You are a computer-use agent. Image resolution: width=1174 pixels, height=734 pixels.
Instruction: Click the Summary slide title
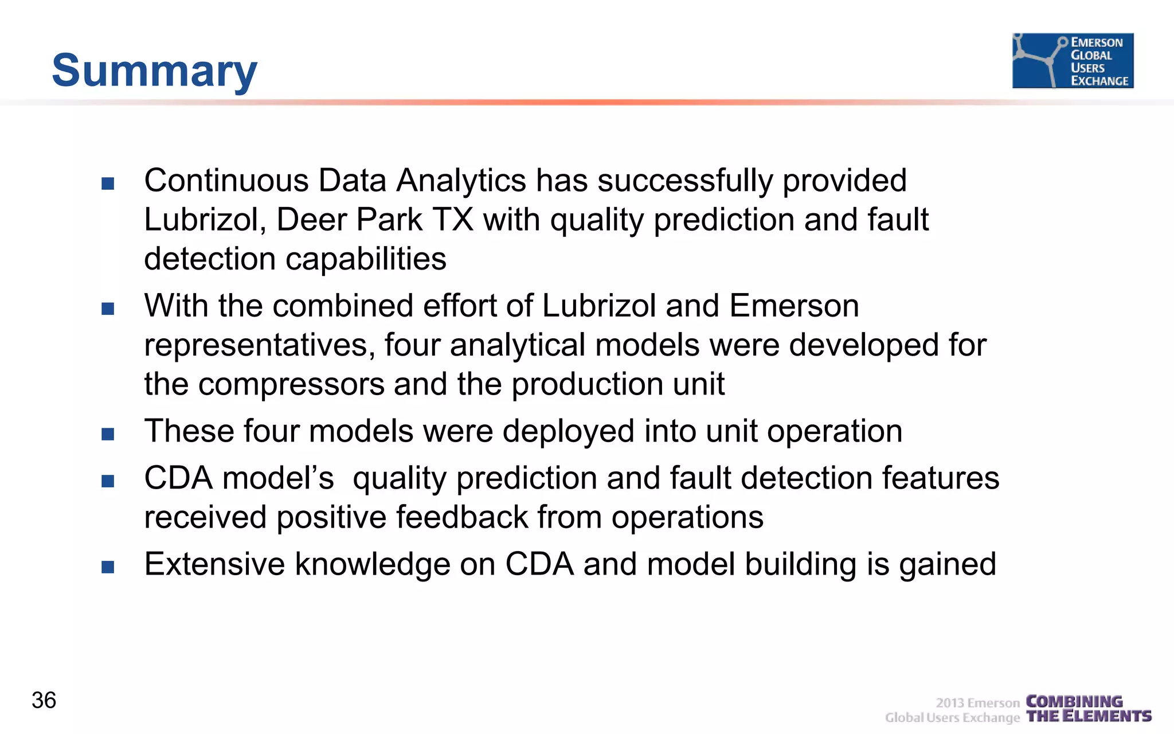click(x=154, y=71)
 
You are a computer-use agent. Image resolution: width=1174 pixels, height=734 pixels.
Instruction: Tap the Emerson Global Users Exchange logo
click(x=1073, y=61)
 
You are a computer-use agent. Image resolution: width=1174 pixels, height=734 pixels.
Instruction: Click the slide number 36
click(x=44, y=700)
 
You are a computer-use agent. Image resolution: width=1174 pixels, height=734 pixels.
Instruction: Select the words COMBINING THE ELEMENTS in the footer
click(x=1088, y=709)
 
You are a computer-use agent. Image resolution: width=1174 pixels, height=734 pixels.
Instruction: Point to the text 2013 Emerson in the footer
click(x=977, y=703)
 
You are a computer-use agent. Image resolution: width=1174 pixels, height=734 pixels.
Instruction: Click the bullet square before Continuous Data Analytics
click(x=108, y=183)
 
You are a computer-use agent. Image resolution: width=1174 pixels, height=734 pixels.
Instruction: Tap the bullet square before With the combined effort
click(x=108, y=309)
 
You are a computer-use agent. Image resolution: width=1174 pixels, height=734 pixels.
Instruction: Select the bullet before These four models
click(x=108, y=434)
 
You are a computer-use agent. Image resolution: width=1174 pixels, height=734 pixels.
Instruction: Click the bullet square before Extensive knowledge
click(x=108, y=567)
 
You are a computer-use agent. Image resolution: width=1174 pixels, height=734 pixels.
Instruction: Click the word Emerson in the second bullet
click(x=794, y=306)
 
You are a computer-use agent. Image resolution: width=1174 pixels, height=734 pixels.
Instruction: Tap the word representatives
click(x=259, y=346)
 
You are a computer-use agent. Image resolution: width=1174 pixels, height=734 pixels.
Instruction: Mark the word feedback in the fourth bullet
click(x=461, y=517)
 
